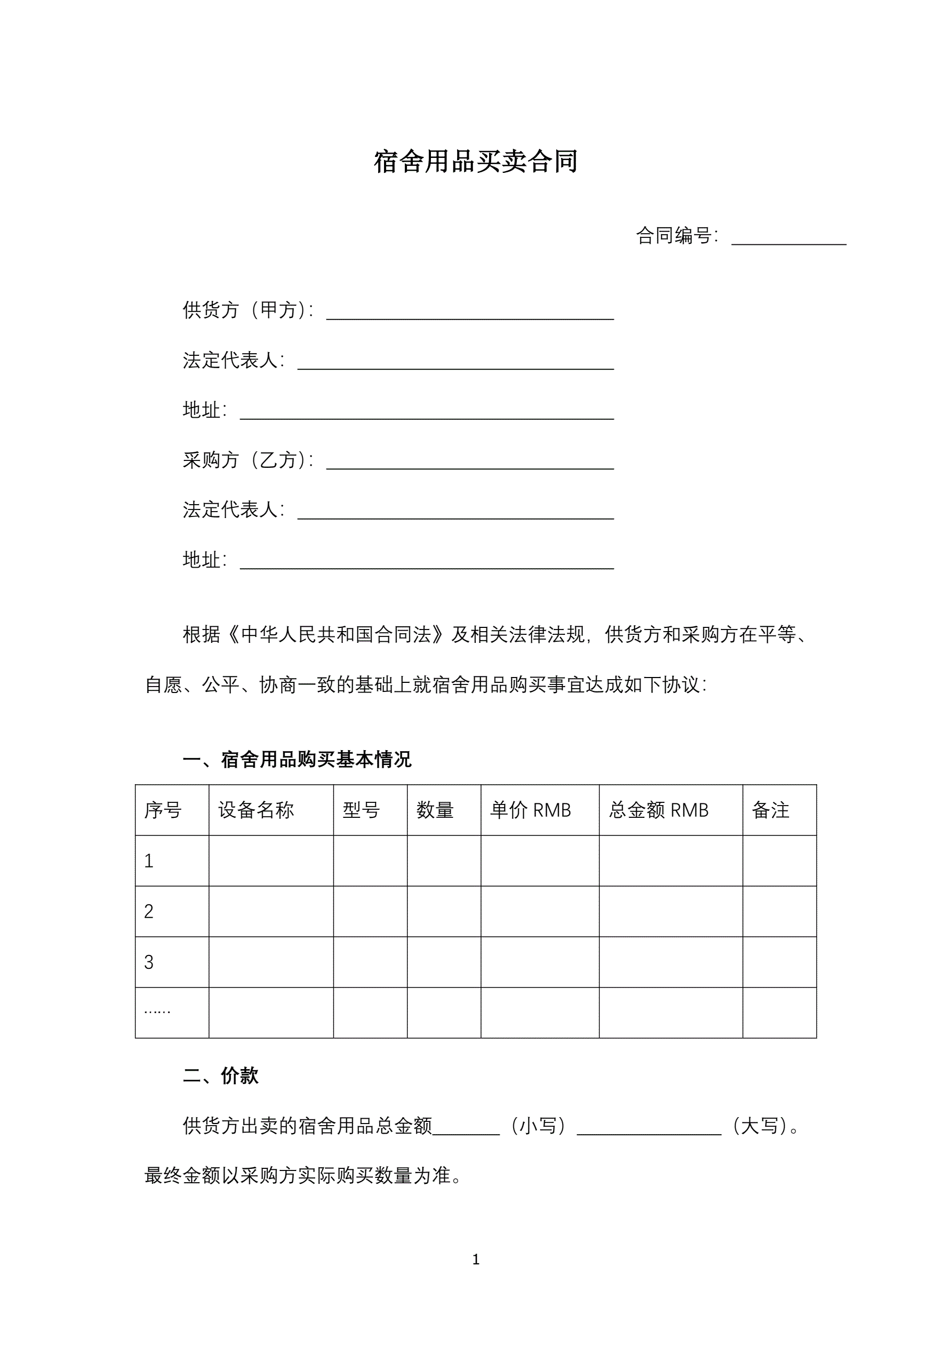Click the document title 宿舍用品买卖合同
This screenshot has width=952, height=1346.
[x=475, y=162]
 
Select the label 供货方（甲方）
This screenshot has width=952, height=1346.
[x=247, y=310]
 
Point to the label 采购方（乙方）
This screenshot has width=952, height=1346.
[x=247, y=460]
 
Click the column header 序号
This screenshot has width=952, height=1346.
[x=163, y=810]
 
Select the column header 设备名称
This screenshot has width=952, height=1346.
[x=255, y=810]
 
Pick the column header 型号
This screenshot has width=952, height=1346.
[x=361, y=810]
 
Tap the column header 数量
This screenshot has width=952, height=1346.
[x=435, y=810]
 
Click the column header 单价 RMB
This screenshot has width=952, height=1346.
[x=530, y=810]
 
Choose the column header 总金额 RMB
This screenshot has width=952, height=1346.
[x=658, y=810]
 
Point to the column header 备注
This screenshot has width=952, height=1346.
[x=770, y=810]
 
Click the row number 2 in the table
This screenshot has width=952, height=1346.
[x=149, y=912]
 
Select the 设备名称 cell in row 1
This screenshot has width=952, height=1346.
[x=271, y=861]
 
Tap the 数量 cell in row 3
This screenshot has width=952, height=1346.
[x=444, y=962]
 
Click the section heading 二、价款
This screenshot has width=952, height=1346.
[x=220, y=1076]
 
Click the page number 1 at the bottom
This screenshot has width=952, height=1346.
[x=475, y=1259]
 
